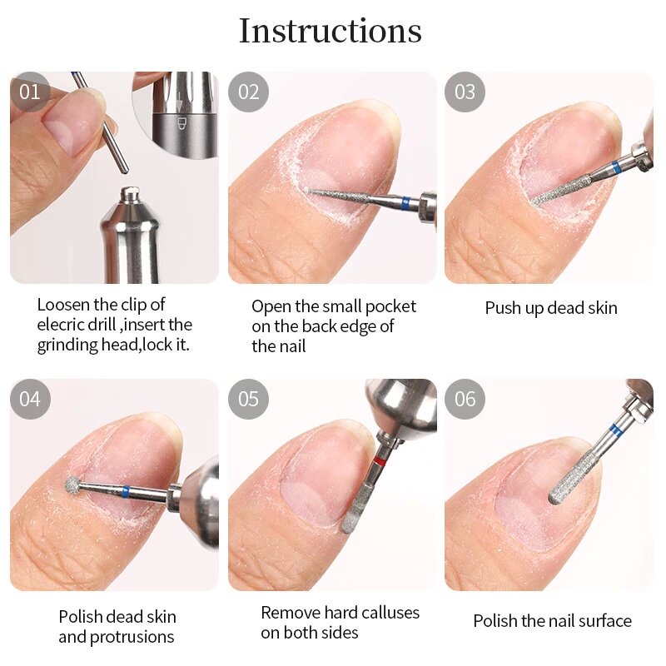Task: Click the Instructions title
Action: (x=331, y=32)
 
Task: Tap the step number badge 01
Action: (x=30, y=92)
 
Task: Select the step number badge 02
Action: (x=249, y=92)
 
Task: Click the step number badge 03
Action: (x=465, y=92)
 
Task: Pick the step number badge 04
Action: (x=30, y=399)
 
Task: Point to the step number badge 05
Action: (x=249, y=399)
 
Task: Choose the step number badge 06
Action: (x=465, y=399)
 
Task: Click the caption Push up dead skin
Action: (x=551, y=308)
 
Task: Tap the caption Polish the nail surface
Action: (x=552, y=621)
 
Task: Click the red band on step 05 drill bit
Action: (x=379, y=461)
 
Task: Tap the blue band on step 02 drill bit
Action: (x=405, y=202)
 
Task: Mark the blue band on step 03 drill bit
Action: (x=614, y=169)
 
